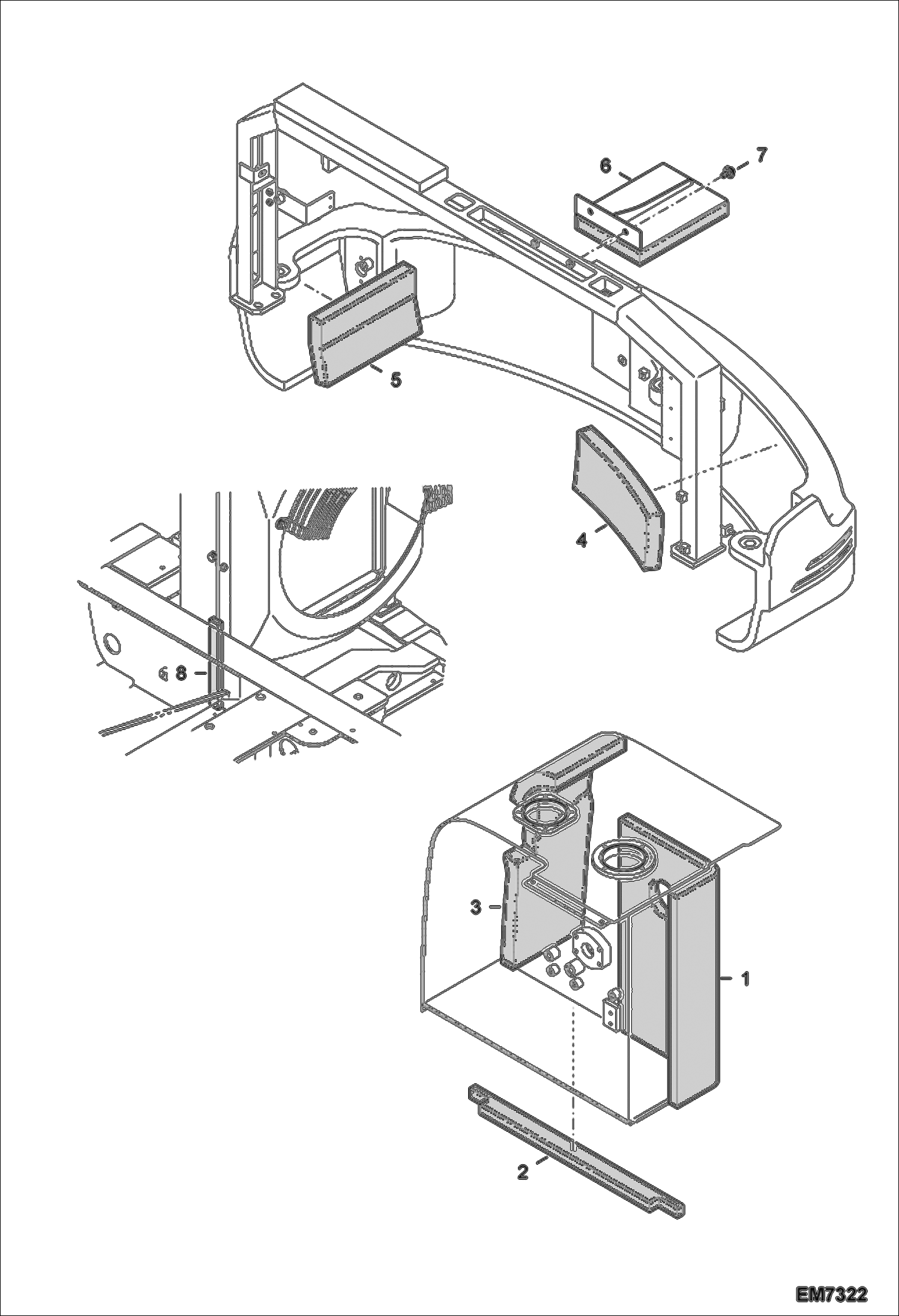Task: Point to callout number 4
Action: pyautogui.click(x=581, y=540)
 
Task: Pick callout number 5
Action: pyautogui.click(x=395, y=379)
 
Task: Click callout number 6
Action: pyautogui.click(x=606, y=166)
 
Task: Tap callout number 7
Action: pyautogui.click(x=761, y=155)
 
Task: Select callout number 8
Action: pyautogui.click(x=181, y=674)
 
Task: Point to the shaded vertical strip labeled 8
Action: pyautogui.click(x=215, y=660)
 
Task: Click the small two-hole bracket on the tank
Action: pyautogui.click(x=612, y=1014)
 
